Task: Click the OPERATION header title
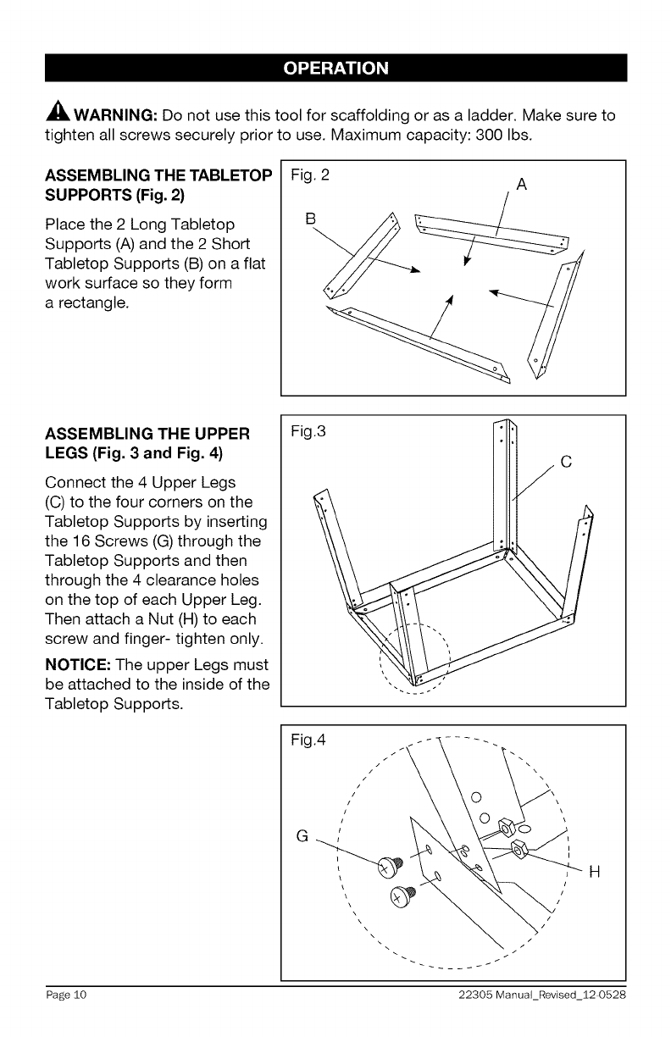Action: pyautogui.click(x=336, y=68)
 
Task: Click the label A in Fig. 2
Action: pyautogui.click(x=521, y=186)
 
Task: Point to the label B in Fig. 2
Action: pyautogui.click(x=309, y=219)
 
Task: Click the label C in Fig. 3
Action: pyautogui.click(x=567, y=462)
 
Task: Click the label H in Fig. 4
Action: pyautogui.click(x=593, y=872)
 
